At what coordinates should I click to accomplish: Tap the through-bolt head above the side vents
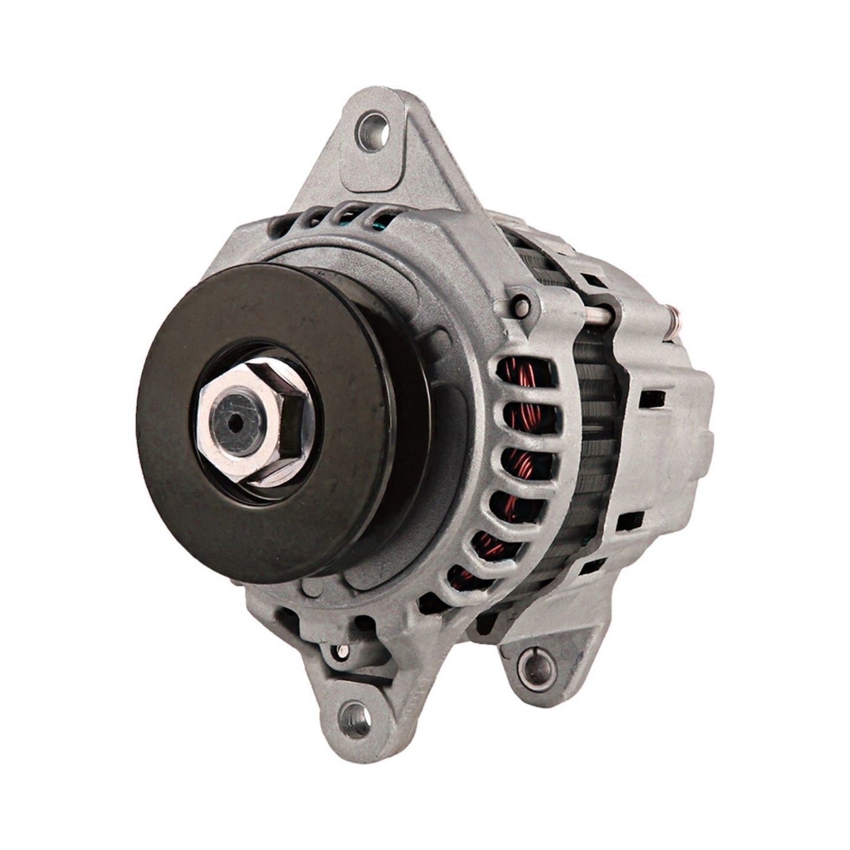521,304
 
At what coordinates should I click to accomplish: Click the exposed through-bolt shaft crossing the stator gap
600,318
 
